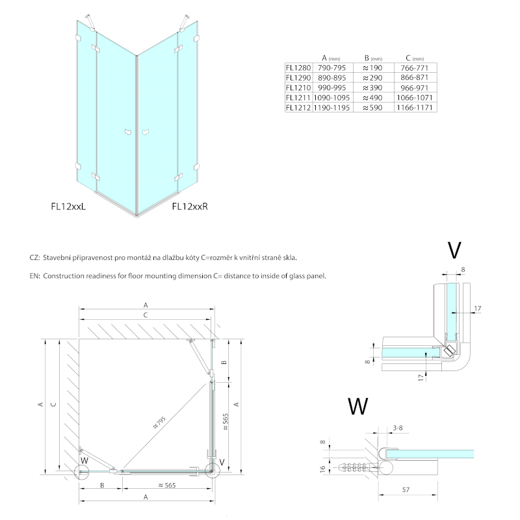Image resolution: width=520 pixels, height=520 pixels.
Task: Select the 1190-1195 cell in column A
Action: [331, 107]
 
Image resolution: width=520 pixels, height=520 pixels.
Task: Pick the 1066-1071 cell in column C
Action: [414, 97]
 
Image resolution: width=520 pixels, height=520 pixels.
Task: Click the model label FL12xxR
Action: [190, 207]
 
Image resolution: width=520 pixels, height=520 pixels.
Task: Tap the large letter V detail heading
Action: [455, 251]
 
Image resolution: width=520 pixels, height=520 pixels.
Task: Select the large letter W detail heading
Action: [357, 407]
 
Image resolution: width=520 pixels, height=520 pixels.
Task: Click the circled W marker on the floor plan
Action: [83, 462]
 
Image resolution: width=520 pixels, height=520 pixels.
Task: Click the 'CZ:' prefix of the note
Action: [35, 258]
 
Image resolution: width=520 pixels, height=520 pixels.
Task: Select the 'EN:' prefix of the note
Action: [35, 276]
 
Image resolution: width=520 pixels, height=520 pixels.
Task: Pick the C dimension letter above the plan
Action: [146, 315]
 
